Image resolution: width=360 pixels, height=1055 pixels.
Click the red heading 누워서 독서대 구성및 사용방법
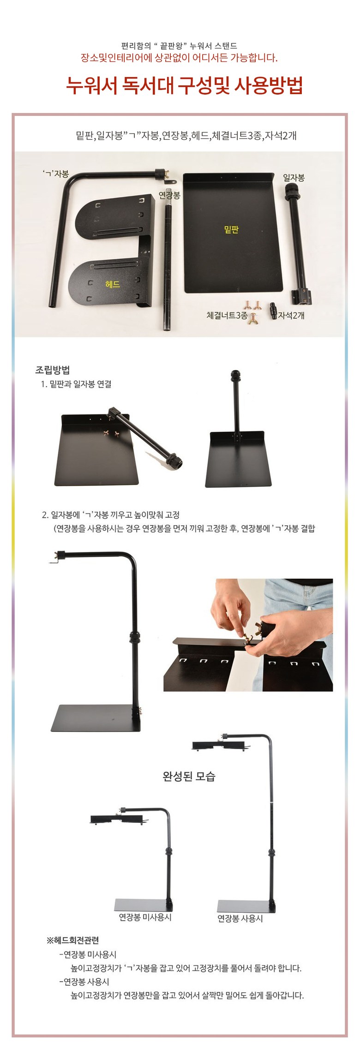click(x=184, y=86)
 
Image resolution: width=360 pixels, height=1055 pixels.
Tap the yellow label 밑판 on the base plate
click(x=231, y=229)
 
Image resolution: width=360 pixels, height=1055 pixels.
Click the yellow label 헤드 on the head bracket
click(x=112, y=284)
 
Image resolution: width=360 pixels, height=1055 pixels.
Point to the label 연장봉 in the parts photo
click(x=169, y=196)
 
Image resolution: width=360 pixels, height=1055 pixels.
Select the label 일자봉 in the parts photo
click(x=294, y=177)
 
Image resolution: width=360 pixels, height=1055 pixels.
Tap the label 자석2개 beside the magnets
click(x=291, y=316)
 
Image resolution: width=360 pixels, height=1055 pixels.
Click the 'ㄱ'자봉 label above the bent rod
click(x=55, y=174)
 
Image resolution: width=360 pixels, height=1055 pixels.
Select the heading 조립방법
click(x=53, y=370)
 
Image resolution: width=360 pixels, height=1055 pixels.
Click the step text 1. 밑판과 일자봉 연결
click(x=77, y=384)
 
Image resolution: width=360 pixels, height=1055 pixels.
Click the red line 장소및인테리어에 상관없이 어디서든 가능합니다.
click(x=180, y=58)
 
